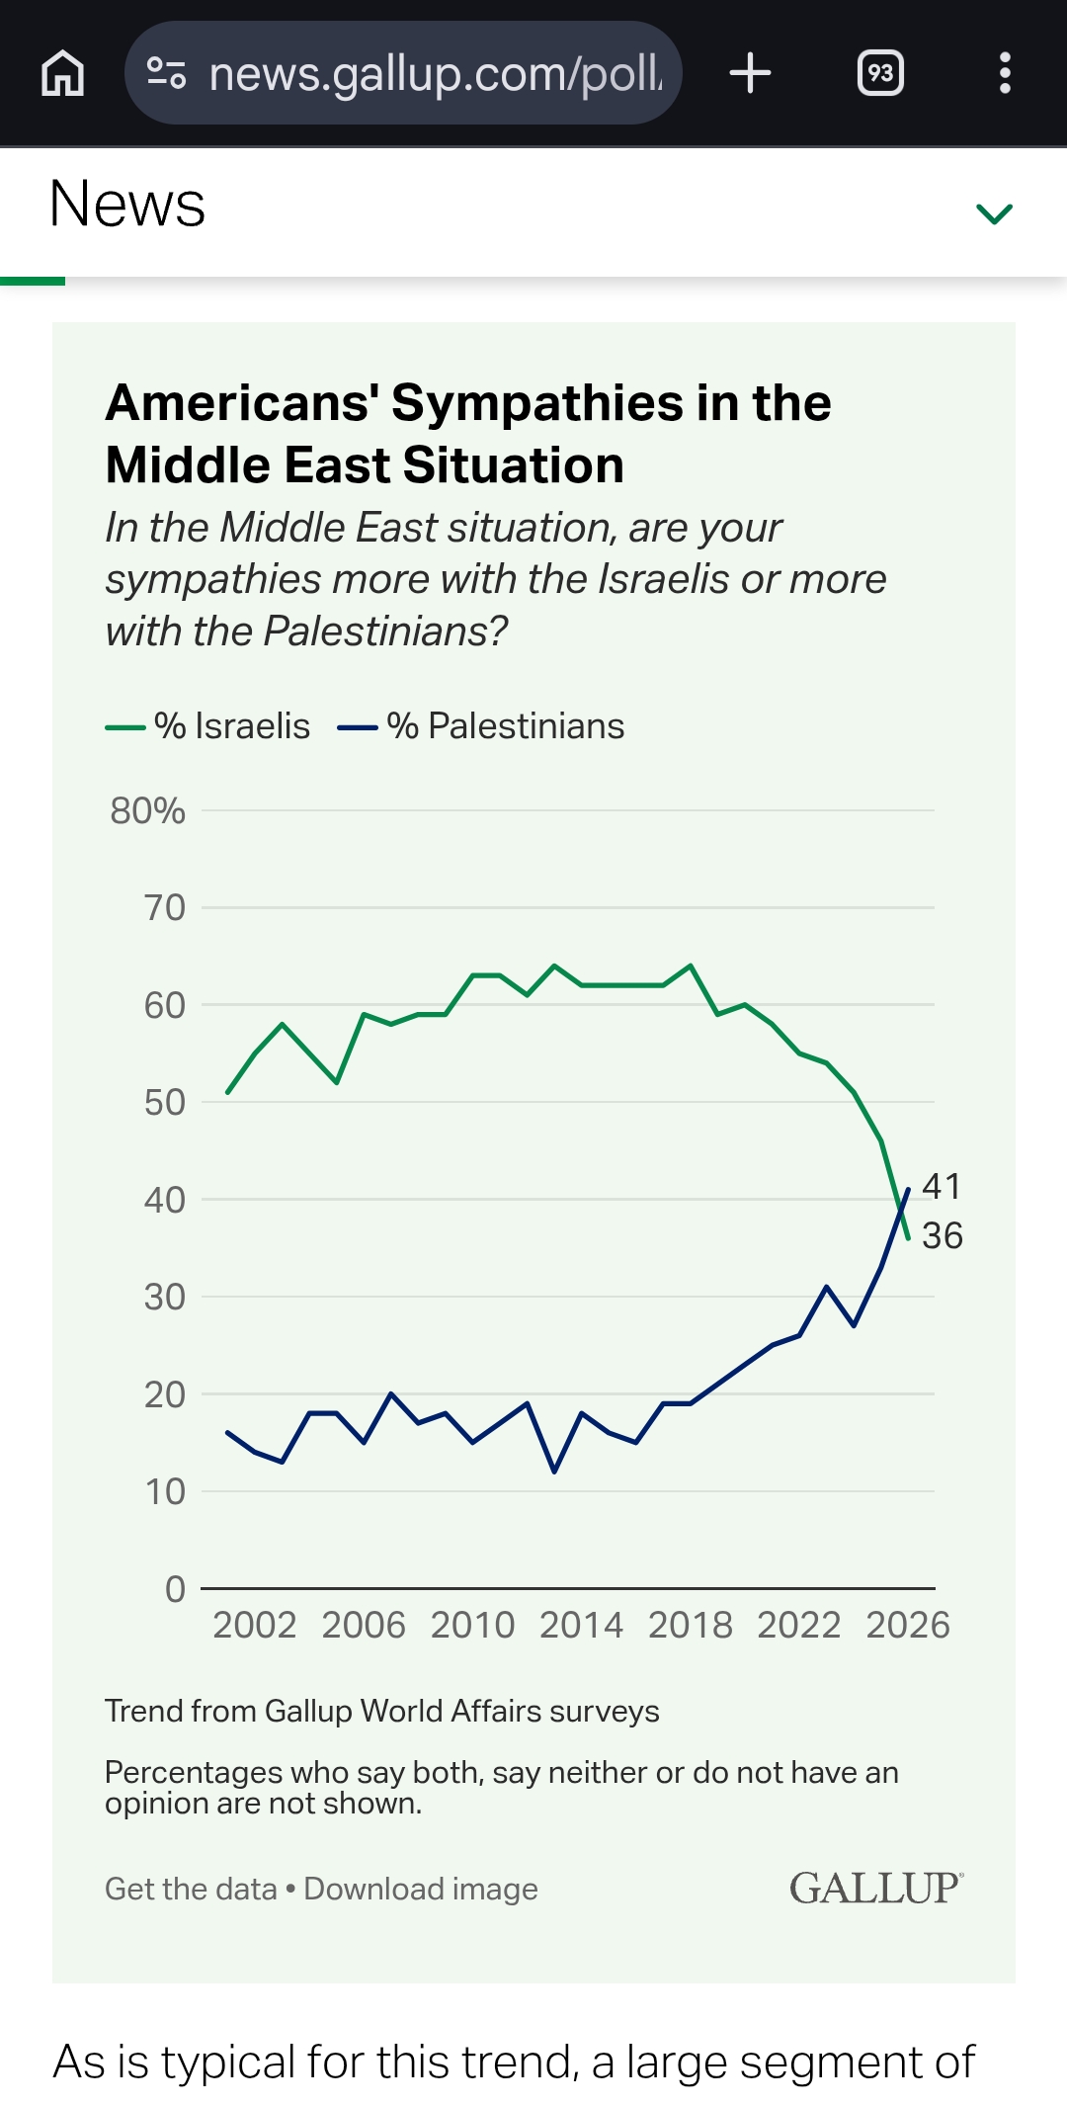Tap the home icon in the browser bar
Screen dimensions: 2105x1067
coord(63,73)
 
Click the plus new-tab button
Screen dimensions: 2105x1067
coord(750,73)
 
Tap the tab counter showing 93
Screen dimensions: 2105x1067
coord(880,73)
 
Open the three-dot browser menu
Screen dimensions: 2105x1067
coord(1005,73)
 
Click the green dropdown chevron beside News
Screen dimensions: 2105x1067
coord(994,213)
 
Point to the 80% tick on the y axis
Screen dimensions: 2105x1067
coord(148,810)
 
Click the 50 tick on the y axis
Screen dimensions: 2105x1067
coord(164,1102)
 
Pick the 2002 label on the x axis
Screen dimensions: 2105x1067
coord(254,1626)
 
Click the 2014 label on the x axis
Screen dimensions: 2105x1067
coord(581,1626)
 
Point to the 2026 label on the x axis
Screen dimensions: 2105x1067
coord(907,1626)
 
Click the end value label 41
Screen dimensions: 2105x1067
coord(942,1186)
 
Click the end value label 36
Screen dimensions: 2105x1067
coord(942,1235)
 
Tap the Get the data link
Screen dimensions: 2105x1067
coord(191,1889)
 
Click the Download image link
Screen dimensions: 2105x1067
coord(421,1889)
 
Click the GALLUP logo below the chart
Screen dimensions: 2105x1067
coord(875,1888)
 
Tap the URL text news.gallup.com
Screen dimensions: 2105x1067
coord(435,73)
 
